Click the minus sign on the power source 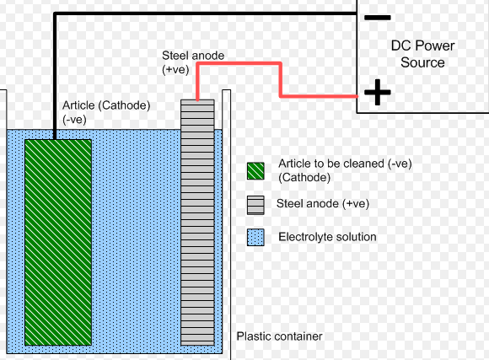point(378,18)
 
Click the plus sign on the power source point(378,92)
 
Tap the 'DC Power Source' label point(422,54)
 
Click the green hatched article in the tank point(58,243)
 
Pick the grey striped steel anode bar point(197,223)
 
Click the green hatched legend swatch point(255,171)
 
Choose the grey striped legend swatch point(255,205)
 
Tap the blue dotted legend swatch point(255,238)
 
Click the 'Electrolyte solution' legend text point(327,237)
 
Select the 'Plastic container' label point(279,336)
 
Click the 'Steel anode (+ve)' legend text point(323,204)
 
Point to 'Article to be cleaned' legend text point(331,164)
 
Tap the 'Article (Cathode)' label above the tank point(106,105)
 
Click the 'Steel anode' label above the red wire point(193,56)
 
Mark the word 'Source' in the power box point(422,62)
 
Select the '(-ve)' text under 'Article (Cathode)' point(74,120)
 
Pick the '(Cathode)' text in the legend point(304,178)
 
